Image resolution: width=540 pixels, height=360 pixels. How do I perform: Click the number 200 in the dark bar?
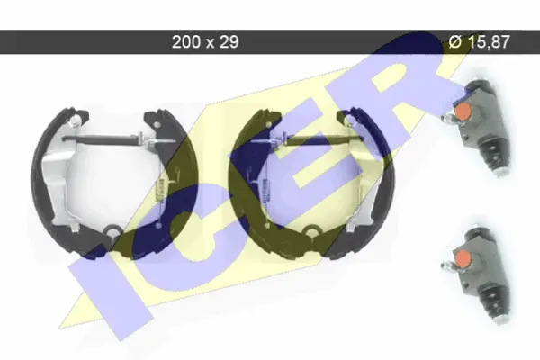[186, 42]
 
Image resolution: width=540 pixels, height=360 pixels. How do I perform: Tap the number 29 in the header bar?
[229, 42]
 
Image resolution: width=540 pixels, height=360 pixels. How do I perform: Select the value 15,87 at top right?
[488, 42]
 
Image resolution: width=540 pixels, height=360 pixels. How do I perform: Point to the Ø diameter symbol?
[454, 42]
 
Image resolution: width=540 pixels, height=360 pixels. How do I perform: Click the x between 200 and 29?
[210, 44]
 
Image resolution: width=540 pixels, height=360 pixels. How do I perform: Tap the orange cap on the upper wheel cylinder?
[463, 111]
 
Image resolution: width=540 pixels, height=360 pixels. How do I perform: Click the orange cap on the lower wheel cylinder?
[462, 257]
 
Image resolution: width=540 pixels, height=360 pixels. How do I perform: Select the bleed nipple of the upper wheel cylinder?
[448, 120]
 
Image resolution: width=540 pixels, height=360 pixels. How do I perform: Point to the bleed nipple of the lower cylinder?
[447, 265]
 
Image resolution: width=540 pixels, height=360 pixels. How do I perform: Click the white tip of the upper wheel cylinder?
[501, 171]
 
